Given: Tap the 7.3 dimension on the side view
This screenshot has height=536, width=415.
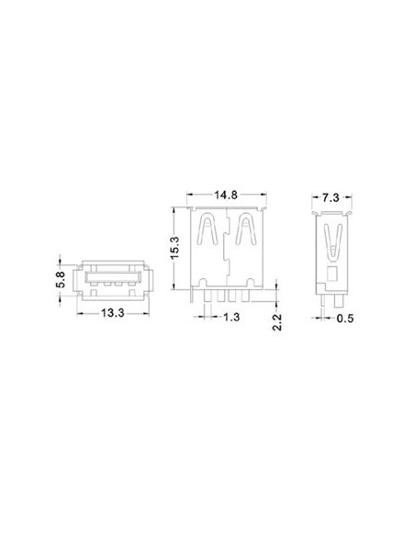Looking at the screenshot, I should tap(333, 196).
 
